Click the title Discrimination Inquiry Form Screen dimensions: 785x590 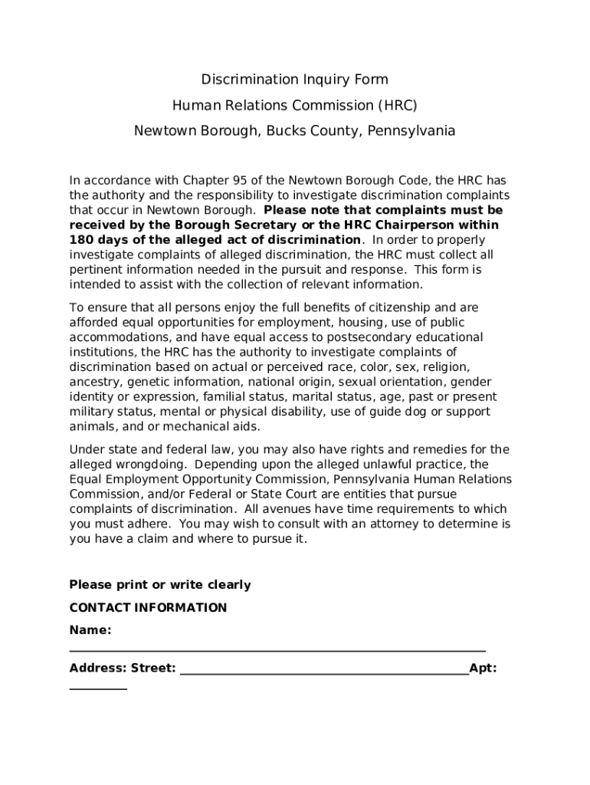(294, 80)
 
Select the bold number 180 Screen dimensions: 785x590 (81, 240)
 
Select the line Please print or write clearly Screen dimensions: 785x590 (160, 585)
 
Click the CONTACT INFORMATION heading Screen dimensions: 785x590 (148, 608)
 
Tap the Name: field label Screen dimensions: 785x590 (90, 630)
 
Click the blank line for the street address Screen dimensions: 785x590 (323, 672)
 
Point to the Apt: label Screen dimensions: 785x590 (483, 668)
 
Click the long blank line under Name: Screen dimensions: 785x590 (277, 649)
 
